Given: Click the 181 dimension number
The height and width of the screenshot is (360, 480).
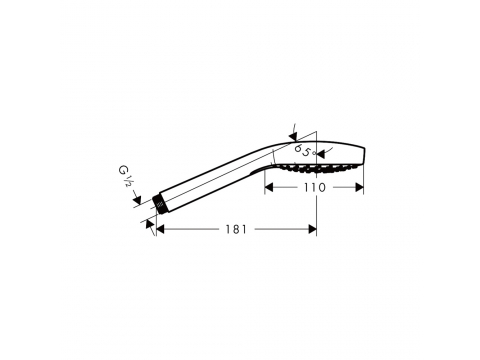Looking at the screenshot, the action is coord(236,229).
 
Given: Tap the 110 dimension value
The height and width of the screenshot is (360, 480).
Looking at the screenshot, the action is coord(314,188).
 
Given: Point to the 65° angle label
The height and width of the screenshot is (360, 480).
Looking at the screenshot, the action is coord(305,151).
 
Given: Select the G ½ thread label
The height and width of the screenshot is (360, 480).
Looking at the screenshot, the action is coord(125,176).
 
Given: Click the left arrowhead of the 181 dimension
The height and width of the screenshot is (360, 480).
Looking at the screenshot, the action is coord(161,229).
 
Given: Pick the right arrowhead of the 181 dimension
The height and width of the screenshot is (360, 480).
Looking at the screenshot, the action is coord(312,229).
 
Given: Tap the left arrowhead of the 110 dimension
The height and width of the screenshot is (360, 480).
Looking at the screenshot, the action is coord(269,188).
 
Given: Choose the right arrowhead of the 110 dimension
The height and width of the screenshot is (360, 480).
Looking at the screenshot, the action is coord(359,188).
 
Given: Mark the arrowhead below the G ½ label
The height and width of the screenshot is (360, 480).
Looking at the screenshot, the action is coord(137,200).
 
